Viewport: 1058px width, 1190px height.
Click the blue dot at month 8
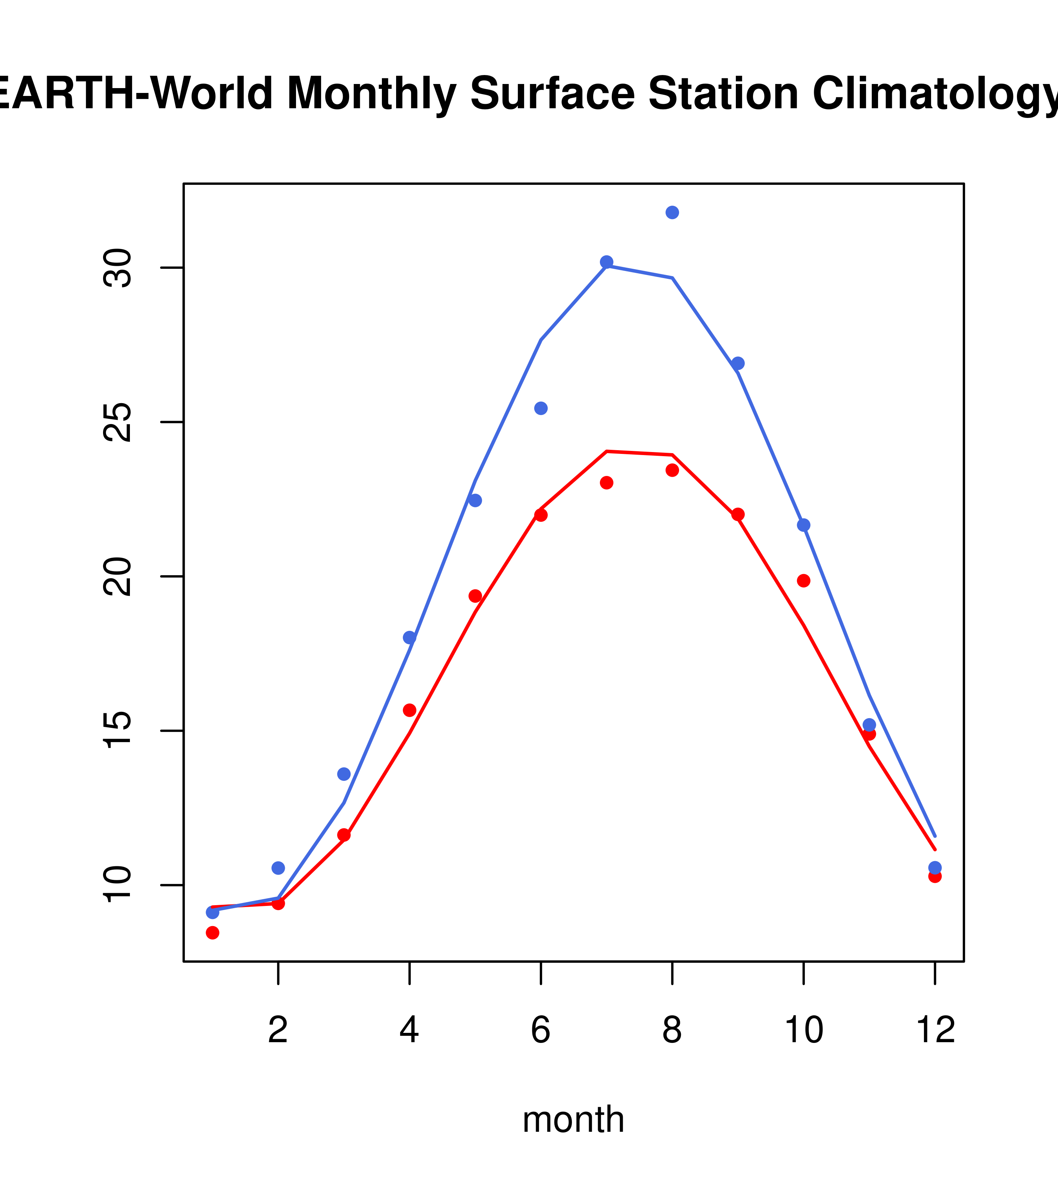pyautogui.click(x=672, y=212)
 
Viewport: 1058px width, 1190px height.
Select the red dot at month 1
pyautogui.click(x=212, y=933)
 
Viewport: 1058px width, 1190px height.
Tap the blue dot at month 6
pyautogui.click(x=541, y=408)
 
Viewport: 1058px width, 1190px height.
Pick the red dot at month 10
pyautogui.click(x=803, y=580)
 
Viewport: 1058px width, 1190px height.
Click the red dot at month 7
pyautogui.click(x=607, y=483)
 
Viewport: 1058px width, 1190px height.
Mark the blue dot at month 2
pyautogui.click(x=278, y=868)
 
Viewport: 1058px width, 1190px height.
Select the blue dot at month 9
pyautogui.click(x=738, y=363)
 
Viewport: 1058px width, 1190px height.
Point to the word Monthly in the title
pyautogui.click(x=371, y=95)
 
